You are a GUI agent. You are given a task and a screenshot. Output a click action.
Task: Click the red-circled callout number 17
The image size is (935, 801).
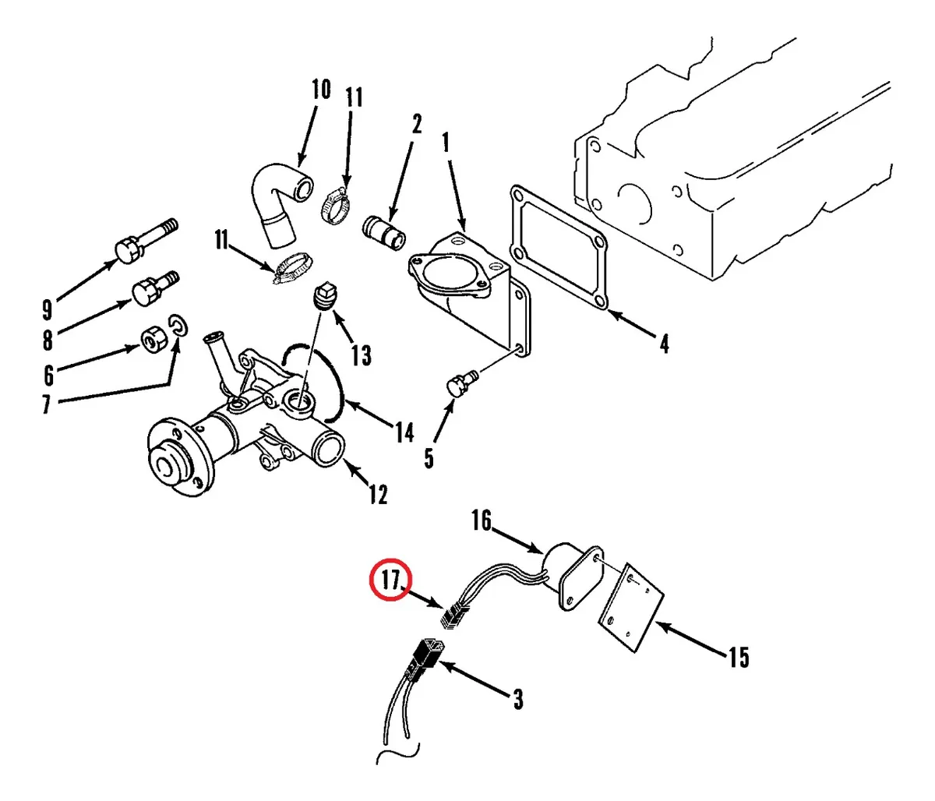click(390, 580)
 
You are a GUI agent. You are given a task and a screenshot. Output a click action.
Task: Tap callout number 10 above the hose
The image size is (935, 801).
click(321, 89)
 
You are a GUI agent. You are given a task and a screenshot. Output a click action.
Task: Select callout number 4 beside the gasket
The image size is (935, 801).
click(664, 344)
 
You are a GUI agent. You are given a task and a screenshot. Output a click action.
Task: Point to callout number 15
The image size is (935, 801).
click(739, 657)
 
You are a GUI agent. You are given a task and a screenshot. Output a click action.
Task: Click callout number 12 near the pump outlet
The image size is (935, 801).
click(378, 494)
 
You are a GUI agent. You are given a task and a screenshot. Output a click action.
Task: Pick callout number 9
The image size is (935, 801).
click(47, 310)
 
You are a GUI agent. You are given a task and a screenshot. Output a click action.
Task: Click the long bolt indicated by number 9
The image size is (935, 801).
click(147, 241)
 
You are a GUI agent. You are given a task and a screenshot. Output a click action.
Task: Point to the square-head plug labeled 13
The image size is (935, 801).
click(324, 296)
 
